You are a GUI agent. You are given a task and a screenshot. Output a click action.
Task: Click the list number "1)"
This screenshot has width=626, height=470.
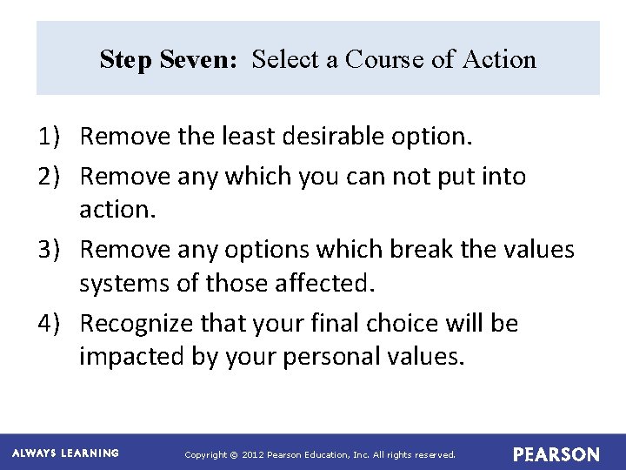click(x=49, y=137)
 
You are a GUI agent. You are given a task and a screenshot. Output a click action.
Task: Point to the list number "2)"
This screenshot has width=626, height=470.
click(x=49, y=176)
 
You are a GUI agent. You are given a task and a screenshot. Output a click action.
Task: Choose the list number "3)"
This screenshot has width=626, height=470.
click(x=49, y=250)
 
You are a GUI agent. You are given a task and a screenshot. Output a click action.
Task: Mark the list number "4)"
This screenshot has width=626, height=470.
click(x=49, y=324)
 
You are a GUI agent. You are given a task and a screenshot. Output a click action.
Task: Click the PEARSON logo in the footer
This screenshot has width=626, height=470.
click(x=556, y=454)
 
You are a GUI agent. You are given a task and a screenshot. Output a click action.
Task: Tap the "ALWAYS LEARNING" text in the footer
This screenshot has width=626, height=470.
click(x=65, y=453)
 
